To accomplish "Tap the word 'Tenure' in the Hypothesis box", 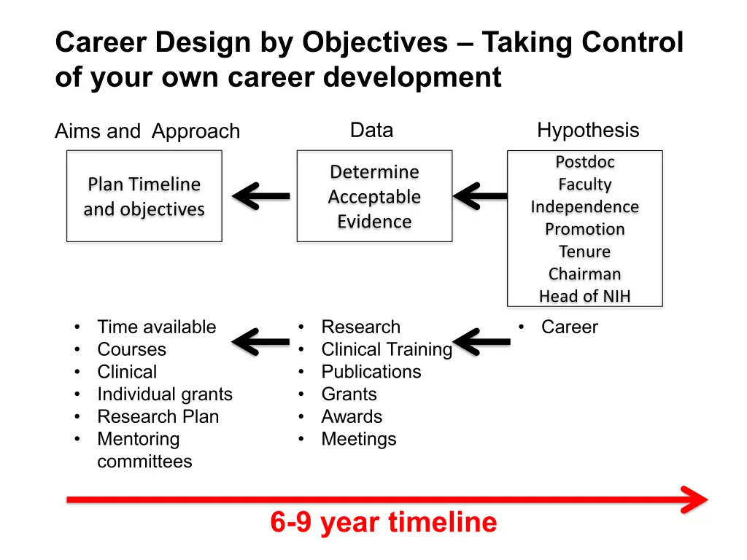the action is pos(584,252).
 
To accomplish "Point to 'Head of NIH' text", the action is pos(584,296).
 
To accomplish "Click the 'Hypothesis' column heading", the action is pos(588,131).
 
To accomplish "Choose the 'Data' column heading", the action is pos(371,130).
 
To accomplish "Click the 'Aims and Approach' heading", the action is pos(147,131).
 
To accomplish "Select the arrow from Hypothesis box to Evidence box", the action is pos(480,195).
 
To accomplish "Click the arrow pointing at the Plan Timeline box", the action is pos(261,195).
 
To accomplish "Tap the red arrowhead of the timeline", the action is pos(695,499).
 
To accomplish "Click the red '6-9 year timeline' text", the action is pos(384,522).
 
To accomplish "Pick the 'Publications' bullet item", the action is pos(371,372).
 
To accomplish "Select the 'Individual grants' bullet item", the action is pos(165,394).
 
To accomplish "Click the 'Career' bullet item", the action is pos(569,327).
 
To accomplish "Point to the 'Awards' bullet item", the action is pos(352,416).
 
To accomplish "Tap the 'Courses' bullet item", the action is pos(131,349).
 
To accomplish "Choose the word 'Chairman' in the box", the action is pos(584,274).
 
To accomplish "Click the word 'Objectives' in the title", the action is pos(375,42).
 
